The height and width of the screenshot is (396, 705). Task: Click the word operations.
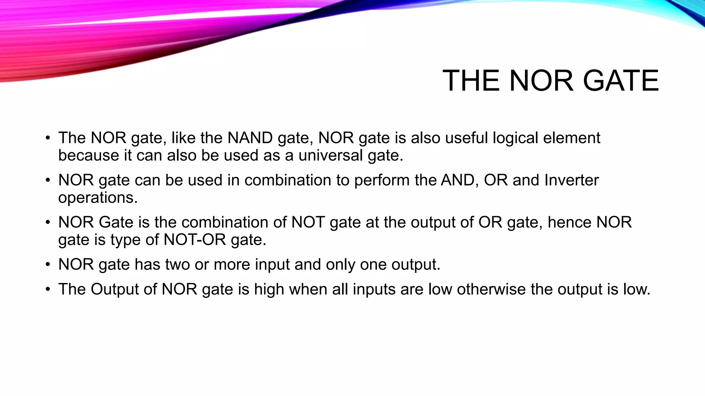(x=98, y=198)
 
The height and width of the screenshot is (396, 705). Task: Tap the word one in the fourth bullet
(x=373, y=265)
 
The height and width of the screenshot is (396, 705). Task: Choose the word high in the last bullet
(x=269, y=289)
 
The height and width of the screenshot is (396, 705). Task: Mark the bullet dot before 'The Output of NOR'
(x=48, y=289)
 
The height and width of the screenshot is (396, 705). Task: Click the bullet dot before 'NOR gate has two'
(x=48, y=265)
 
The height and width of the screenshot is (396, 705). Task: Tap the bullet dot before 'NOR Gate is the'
(x=48, y=222)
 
